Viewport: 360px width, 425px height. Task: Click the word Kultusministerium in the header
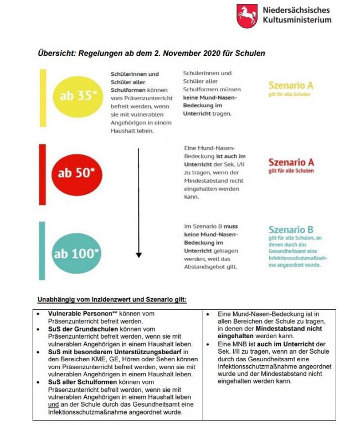click(297, 20)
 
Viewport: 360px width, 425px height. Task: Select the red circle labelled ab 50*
click(77, 172)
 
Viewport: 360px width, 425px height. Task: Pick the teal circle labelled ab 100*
click(77, 255)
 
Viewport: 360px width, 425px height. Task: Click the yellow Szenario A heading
click(290, 86)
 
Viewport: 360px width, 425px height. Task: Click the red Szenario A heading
click(291, 162)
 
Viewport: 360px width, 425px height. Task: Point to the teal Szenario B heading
click(291, 230)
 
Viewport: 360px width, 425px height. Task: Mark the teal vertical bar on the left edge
click(42, 250)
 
